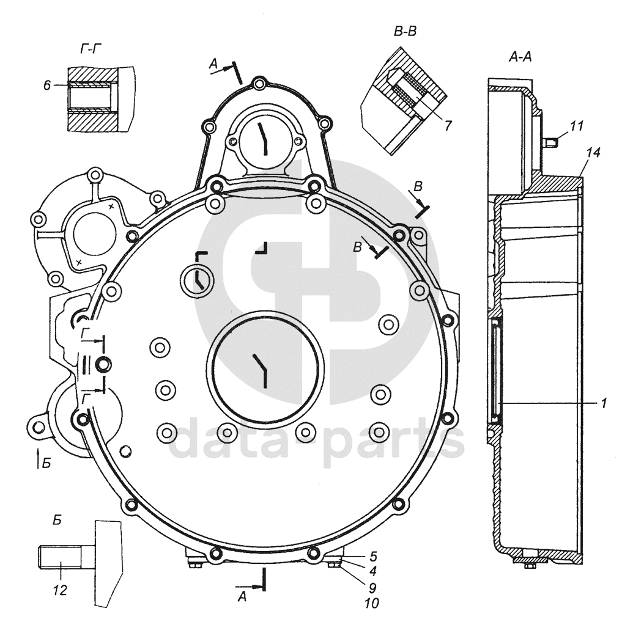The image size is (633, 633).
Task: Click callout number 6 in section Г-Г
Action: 46,86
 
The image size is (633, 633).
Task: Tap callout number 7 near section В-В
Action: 448,125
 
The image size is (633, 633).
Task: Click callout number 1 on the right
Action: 603,403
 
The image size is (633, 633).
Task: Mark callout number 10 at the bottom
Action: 371,603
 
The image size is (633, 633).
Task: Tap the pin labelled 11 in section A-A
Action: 551,142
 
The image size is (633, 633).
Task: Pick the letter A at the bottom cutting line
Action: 242,597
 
